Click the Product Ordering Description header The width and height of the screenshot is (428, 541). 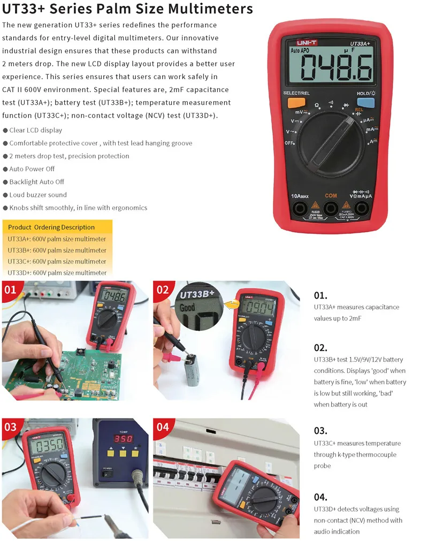coord(51,227)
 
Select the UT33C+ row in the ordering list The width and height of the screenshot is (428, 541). coord(57,262)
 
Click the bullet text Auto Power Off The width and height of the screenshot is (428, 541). coord(32,169)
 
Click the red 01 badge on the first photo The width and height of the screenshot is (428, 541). coord(11,291)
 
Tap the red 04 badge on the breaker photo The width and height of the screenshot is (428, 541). coord(163,427)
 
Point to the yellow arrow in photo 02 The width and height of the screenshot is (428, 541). coord(231,305)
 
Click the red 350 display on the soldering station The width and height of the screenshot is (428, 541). coord(123,438)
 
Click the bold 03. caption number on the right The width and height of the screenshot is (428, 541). coord(320,430)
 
